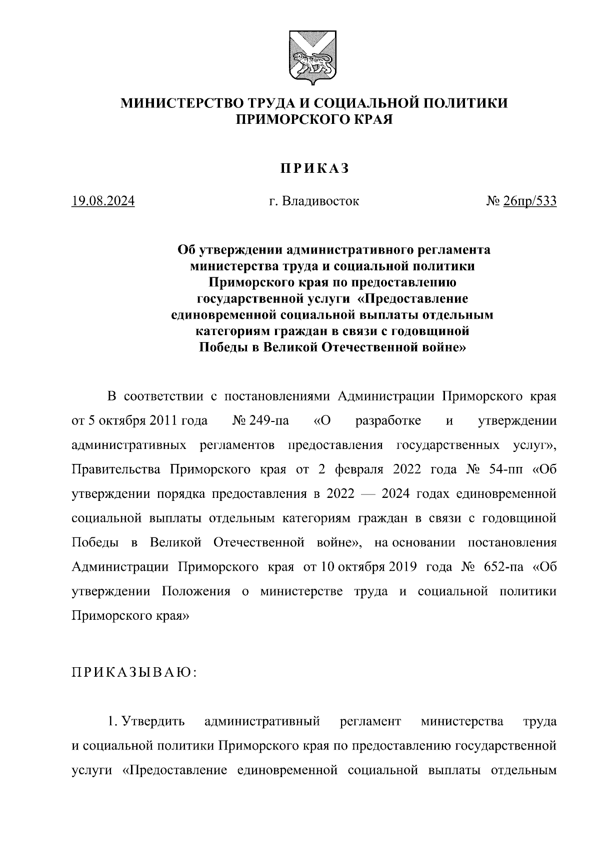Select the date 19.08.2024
103,201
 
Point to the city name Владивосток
320,201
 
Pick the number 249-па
269,421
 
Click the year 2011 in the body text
161,421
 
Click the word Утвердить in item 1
154,722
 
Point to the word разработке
388,421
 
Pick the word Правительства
116,470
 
